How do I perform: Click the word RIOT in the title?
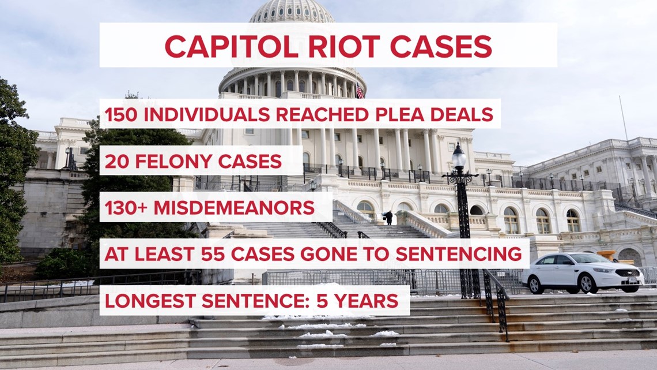click(x=343, y=46)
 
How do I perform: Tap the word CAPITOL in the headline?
click(x=231, y=46)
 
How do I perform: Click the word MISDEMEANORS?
click(x=234, y=208)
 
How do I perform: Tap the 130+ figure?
click(x=126, y=208)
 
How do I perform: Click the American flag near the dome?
click(x=360, y=91)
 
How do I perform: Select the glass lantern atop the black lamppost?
click(x=459, y=158)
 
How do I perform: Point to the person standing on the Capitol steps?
click(x=389, y=217)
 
